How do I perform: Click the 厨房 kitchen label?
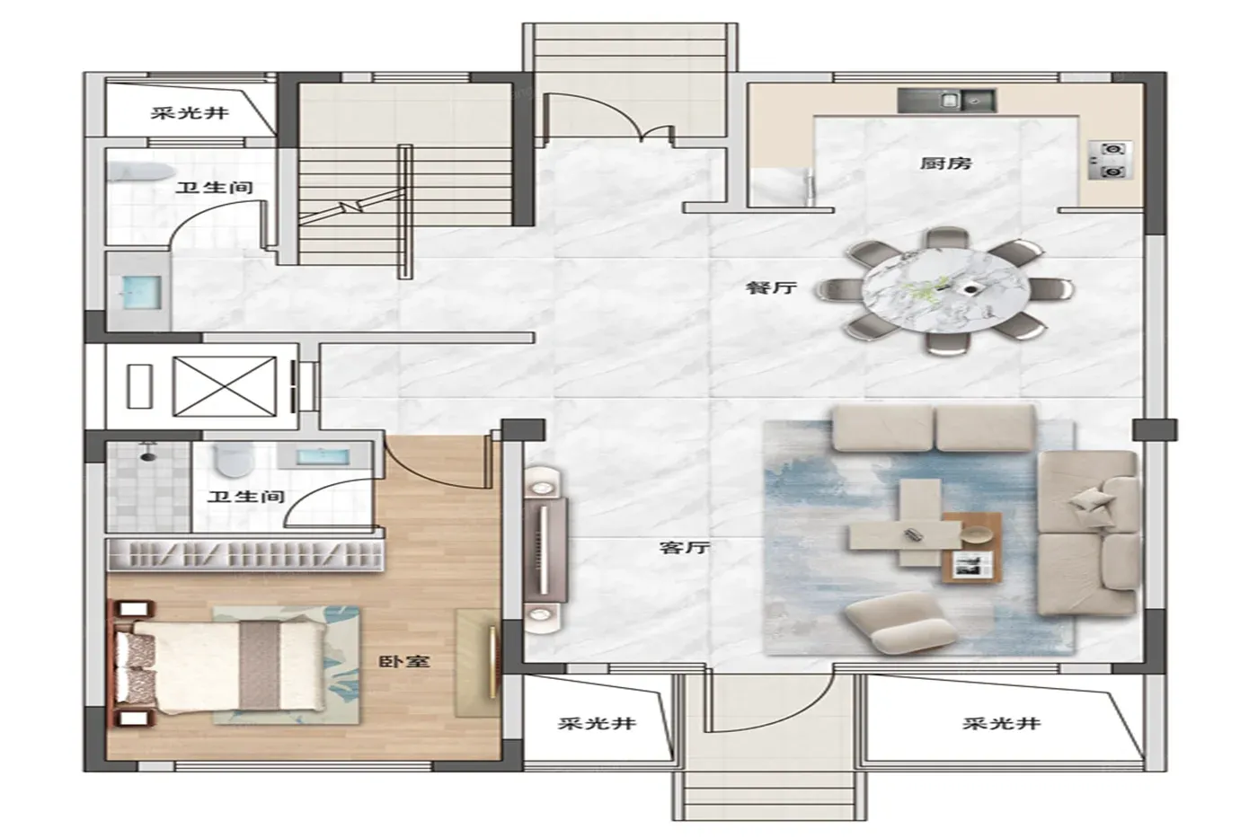[945, 163]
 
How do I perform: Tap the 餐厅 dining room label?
[771, 287]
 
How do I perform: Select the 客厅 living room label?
[685, 547]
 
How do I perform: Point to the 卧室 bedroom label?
[404, 661]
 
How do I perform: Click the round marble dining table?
[945, 290]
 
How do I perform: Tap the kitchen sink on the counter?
[946, 101]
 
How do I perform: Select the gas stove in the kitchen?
[1111, 161]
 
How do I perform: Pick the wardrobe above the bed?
[244, 555]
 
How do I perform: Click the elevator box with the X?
[225, 387]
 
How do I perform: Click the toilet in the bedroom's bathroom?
[235, 459]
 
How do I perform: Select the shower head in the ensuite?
[148, 453]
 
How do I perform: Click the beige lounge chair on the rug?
[900, 623]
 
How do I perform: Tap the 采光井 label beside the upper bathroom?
[190, 113]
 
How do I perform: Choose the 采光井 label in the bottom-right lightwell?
[1002, 724]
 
